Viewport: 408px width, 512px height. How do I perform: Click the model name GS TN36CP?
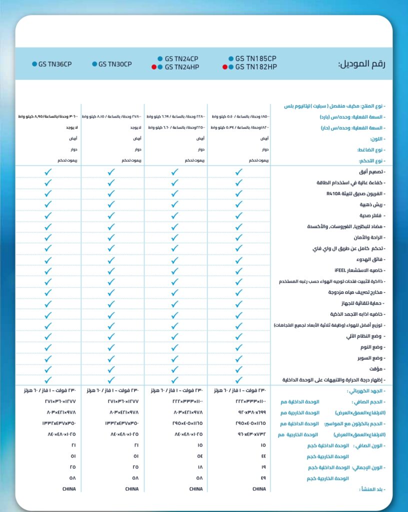pyautogui.click(x=55, y=64)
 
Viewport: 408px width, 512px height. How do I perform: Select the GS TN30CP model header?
pyautogui.click(x=115, y=64)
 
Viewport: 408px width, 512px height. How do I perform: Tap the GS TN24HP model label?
pyautogui.click(x=181, y=67)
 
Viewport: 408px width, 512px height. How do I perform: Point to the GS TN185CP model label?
pyautogui.click(x=255, y=58)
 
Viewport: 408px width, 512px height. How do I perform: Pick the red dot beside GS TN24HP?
pyautogui.click(x=154, y=67)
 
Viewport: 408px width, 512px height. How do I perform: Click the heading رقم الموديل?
pyautogui.click(x=361, y=64)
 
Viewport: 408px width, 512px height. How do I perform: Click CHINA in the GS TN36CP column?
pyautogui.click(x=68, y=489)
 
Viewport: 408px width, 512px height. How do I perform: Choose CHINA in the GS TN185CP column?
pyautogui.click(x=259, y=489)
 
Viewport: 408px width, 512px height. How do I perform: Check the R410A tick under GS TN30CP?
pyautogui.click(x=111, y=193)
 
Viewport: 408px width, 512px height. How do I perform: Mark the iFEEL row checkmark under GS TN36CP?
pyautogui.click(x=48, y=270)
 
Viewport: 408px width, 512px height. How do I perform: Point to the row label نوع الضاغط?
pyautogui.click(x=370, y=150)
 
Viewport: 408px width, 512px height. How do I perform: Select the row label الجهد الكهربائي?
pyautogui.click(x=367, y=391)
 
